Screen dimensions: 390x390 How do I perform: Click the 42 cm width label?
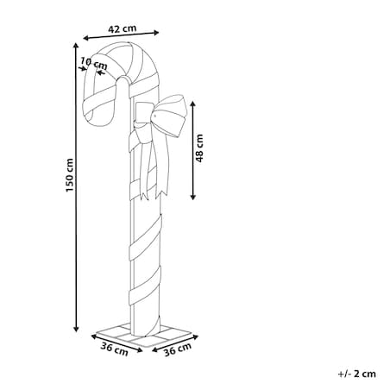tap(122, 28)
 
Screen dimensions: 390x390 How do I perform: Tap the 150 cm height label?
tap(70, 175)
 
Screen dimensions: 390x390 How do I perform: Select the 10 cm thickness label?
tap(94, 64)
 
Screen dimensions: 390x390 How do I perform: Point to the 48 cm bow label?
tap(199, 148)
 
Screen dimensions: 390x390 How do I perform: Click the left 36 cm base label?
tap(114, 349)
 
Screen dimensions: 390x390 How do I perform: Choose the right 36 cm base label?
tap(178, 349)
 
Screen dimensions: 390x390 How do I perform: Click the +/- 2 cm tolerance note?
tap(357, 374)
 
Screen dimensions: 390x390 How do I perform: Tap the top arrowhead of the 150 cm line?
tap(76, 45)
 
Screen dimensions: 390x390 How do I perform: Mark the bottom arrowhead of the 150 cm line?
tap(76, 329)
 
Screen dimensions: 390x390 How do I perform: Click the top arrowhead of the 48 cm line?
tap(193, 104)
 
